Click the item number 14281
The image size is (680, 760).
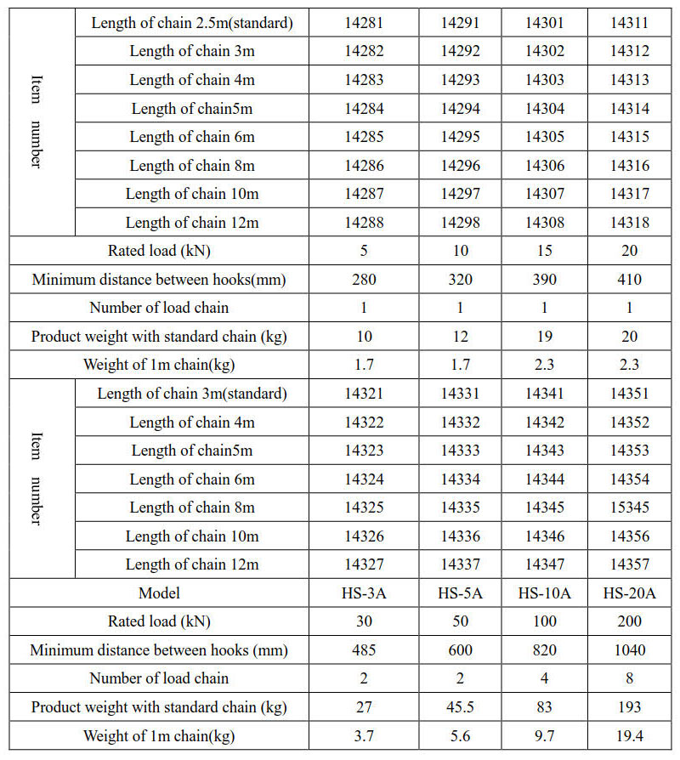(x=364, y=23)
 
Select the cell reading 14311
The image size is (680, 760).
(x=629, y=23)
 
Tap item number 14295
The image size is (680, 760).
(x=460, y=137)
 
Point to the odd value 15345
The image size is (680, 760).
(x=629, y=508)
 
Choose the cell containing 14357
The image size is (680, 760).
(x=629, y=564)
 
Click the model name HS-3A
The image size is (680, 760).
(x=364, y=593)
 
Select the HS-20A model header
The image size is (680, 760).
(x=629, y=593)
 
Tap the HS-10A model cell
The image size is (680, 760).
(x=544, y=593)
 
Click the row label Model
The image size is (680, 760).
(x=159, y=593)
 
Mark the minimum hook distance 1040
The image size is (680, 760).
(x=629, y=650)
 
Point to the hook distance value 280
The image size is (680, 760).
(x=364, y=280)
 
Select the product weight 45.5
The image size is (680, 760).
(x=460, y=707)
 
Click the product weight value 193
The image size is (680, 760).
(x=629, y=707)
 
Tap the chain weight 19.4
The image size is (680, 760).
(x=629, y=736)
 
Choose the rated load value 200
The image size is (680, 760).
(x=629, y=621)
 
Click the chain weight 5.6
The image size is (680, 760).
(x=460, y=736)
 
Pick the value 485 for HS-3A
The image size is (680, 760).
(x=364, y=650)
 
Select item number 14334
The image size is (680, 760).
(x=460, y=479)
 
